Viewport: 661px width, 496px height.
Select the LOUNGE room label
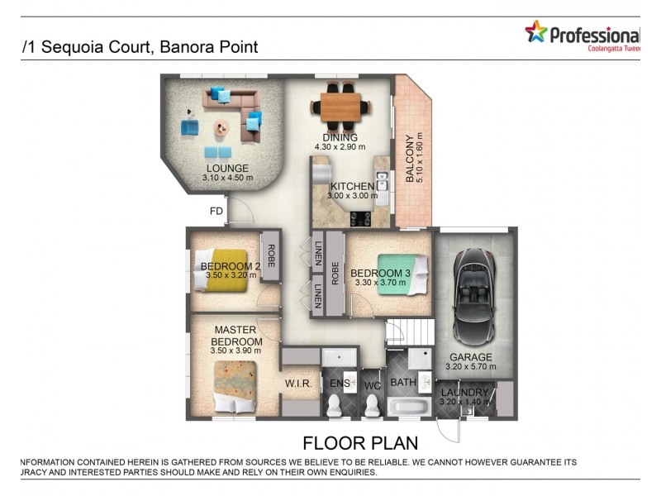227,168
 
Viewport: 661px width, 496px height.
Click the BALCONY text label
409,158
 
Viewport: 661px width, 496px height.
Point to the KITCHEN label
352,186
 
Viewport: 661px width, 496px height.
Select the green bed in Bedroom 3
402,273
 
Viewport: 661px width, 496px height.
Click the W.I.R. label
297,384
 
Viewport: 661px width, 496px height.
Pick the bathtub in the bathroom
407,407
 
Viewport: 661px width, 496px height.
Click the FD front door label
216,211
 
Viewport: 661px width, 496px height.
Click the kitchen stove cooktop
362,219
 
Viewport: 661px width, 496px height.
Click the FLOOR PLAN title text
359,442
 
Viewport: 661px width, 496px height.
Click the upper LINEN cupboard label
319,252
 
